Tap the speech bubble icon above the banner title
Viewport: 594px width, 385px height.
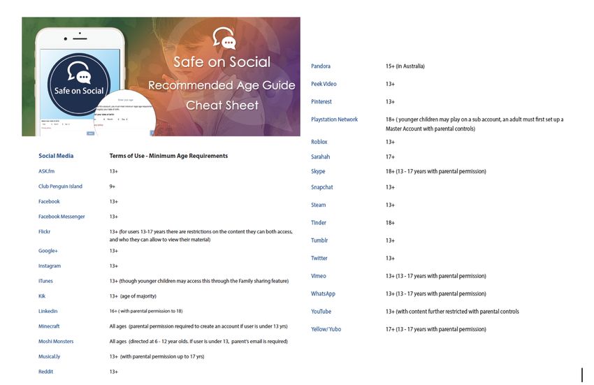coord(224,38)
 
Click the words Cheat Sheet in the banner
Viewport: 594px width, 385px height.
coord(222,106)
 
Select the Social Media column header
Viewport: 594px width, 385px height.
coord(56,156)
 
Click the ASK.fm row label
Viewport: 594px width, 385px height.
coord(46,171)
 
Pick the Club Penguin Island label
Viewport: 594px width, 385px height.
coord(60,187)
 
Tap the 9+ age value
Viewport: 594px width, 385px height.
coord(113,187)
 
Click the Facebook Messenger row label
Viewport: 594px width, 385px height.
coord(61,217)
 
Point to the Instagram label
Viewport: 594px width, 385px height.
coord(50,266)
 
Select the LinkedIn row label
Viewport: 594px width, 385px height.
coord(48,311)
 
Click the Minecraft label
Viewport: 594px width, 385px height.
coord(49,326)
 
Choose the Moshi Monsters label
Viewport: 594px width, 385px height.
coord(56,342)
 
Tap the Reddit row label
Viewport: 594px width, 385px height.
coord(45,372)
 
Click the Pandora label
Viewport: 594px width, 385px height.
coord(321,66)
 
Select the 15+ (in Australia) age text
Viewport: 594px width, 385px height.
coord(405,66)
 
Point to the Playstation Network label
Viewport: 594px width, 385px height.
coord(334,119)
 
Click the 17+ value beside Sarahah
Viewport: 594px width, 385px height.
coord(390,157)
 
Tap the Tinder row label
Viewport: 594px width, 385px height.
coord(319,223)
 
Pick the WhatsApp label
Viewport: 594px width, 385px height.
coord(323,294)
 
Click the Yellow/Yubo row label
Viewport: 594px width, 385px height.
coord(326,329)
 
